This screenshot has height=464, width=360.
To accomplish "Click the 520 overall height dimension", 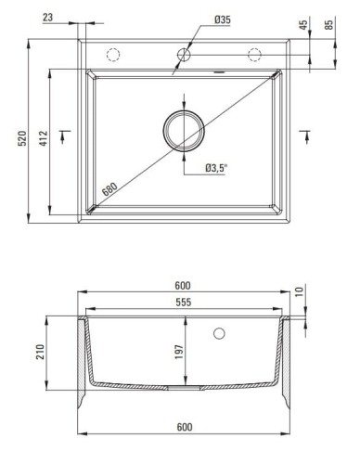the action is pyautogui.click(x=22, y=138).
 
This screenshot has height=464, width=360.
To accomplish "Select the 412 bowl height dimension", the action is pyautogui.click(x=44, y=138).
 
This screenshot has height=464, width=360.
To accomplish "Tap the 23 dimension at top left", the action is pyautogui.click(x=47, y=18).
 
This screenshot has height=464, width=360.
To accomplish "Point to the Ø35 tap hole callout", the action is pyautogui.click(x=223, y=19).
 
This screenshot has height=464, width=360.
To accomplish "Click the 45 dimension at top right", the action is pyautogui.click(x=303, y=25).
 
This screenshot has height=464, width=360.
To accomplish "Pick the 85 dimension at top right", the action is pyautogui.click(x=329, y=25).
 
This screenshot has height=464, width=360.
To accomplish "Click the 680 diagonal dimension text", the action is pyautogui.click(x=110, y=189).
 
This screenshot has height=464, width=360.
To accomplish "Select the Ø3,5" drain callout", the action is pyautogui.click(x=216, y=168).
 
